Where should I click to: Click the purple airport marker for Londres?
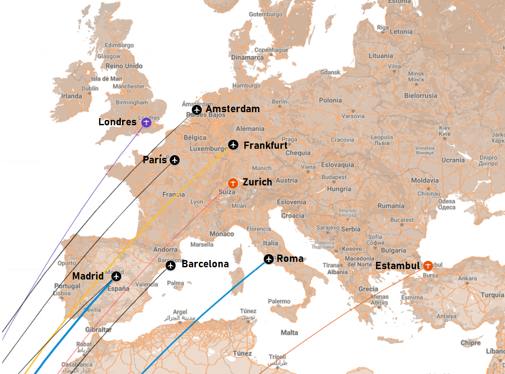(x=146, y=123)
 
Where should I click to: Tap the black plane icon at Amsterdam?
(x=196, y=109)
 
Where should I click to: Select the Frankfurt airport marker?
(x=233, y=145)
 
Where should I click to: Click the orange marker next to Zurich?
(x=233, y=183)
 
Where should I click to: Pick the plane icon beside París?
(x=175, y=160)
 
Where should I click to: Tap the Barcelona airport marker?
(x=171, y=265)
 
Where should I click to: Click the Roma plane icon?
(x=269, y=259)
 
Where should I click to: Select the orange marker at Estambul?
(x=427, y=265)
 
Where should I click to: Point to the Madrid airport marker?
(x=116, y=276)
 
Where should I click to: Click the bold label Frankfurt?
(x=266, y=146)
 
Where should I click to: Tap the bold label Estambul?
(x=397, y=266)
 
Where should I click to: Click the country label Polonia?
(x=330, y=100)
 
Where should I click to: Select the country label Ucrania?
(x=453, y=160)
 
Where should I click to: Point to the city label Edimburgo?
(x=119, y=45)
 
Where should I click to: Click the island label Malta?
(x=290, y=332)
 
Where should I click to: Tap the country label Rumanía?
(x=391, y=206)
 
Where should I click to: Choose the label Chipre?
(x=471, y=343)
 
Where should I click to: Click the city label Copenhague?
(x=271, y=50)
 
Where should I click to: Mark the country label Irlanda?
(x=72, y=96)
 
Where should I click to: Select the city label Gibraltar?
(x=98, y=330)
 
